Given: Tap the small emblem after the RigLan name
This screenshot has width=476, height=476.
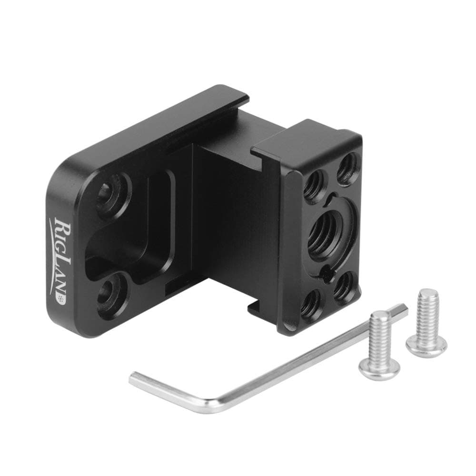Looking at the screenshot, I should (60, 298).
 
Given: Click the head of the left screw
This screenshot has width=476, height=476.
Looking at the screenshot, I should (378, 370).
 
